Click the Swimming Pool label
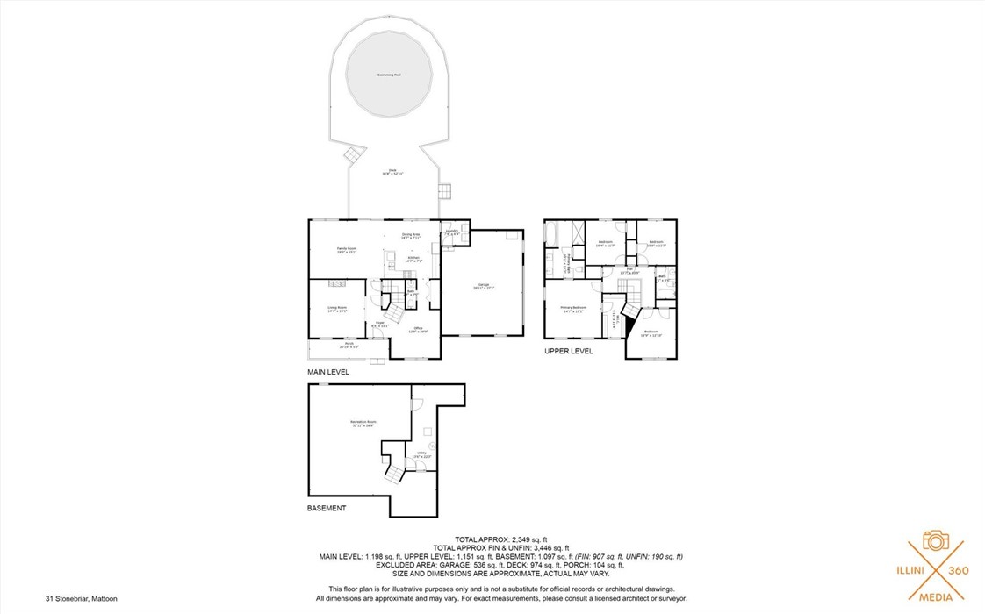(x=388, y=75)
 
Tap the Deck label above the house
(x=392, y=172)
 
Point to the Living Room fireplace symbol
(x=337, y=284)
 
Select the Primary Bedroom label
(x=572, y=309)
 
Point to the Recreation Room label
(x=358, y=424)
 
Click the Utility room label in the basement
(x=421, y=454)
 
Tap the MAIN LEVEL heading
(x=327, y=373)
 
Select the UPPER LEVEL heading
(x=568, y=351)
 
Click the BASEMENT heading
(x=326, y=508)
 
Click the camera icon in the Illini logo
(x=935, y=539)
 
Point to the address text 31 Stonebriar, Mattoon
(x=82, y=598)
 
